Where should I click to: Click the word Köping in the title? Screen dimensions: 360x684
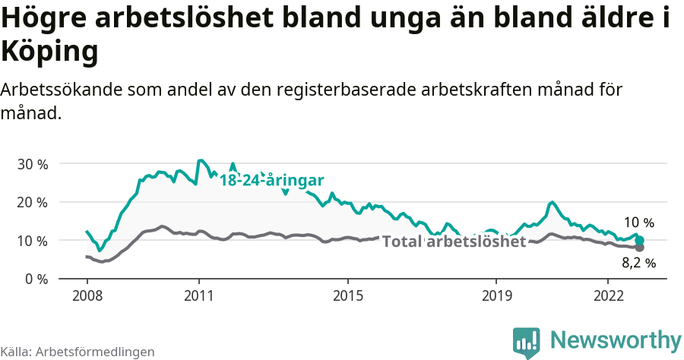(50, 52)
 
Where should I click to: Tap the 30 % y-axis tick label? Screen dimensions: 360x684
(33, 164)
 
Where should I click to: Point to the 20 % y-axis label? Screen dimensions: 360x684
(33, 202)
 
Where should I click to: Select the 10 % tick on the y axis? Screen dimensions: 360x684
(33, 241)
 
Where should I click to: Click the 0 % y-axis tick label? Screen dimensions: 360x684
(36, 279)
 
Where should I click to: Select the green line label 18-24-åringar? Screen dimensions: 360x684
(272, 181)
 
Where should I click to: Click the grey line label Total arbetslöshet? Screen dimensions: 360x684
(454, 242)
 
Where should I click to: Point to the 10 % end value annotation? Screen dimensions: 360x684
(638, 223)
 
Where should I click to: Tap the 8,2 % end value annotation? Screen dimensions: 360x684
(638, 264)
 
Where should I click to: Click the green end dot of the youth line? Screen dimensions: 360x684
(640, 240)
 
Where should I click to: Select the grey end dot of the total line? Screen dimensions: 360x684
(640, 248)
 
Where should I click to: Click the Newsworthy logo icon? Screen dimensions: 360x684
(527, 341)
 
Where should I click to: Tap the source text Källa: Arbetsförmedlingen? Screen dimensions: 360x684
(78, 352)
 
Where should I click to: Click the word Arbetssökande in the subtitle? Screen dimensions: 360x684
(58, 90)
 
